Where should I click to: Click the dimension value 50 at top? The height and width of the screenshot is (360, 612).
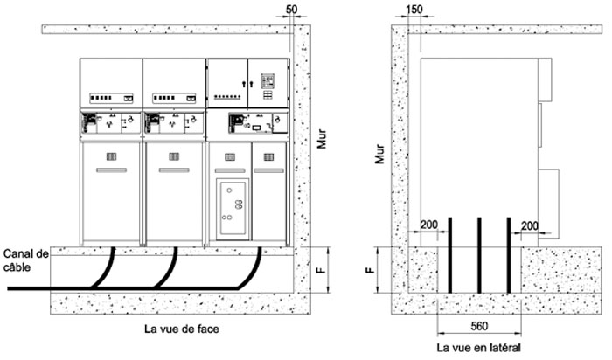coord(291,10)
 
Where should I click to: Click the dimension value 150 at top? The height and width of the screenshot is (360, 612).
coord(414,10)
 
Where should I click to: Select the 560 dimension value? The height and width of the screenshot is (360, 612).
coord(479,326)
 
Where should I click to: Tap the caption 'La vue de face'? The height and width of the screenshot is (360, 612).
coord(182,329)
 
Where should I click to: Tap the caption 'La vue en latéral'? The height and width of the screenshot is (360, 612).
coord(478,347)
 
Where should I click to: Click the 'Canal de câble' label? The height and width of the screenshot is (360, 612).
coord(25,260)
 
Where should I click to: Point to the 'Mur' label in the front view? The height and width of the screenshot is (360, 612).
coord(321,139)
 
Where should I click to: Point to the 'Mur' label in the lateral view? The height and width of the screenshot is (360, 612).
coord(379,154)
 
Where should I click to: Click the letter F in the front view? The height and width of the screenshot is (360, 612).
coord(322,269)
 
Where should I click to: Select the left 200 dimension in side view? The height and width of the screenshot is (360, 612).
coord(428,225)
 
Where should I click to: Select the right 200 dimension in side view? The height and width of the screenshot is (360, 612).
coord(530,225)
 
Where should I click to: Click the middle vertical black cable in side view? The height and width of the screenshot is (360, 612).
coord(479,255)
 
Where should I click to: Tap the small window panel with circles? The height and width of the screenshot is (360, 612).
coord(233,209)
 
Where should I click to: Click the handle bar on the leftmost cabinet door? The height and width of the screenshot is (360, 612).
coord(112,170)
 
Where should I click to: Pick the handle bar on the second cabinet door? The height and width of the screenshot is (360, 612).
coord(174,170)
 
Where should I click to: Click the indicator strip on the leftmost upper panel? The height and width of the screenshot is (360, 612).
coord(112,98)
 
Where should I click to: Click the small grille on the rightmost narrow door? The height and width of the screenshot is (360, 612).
coord(268,157)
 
